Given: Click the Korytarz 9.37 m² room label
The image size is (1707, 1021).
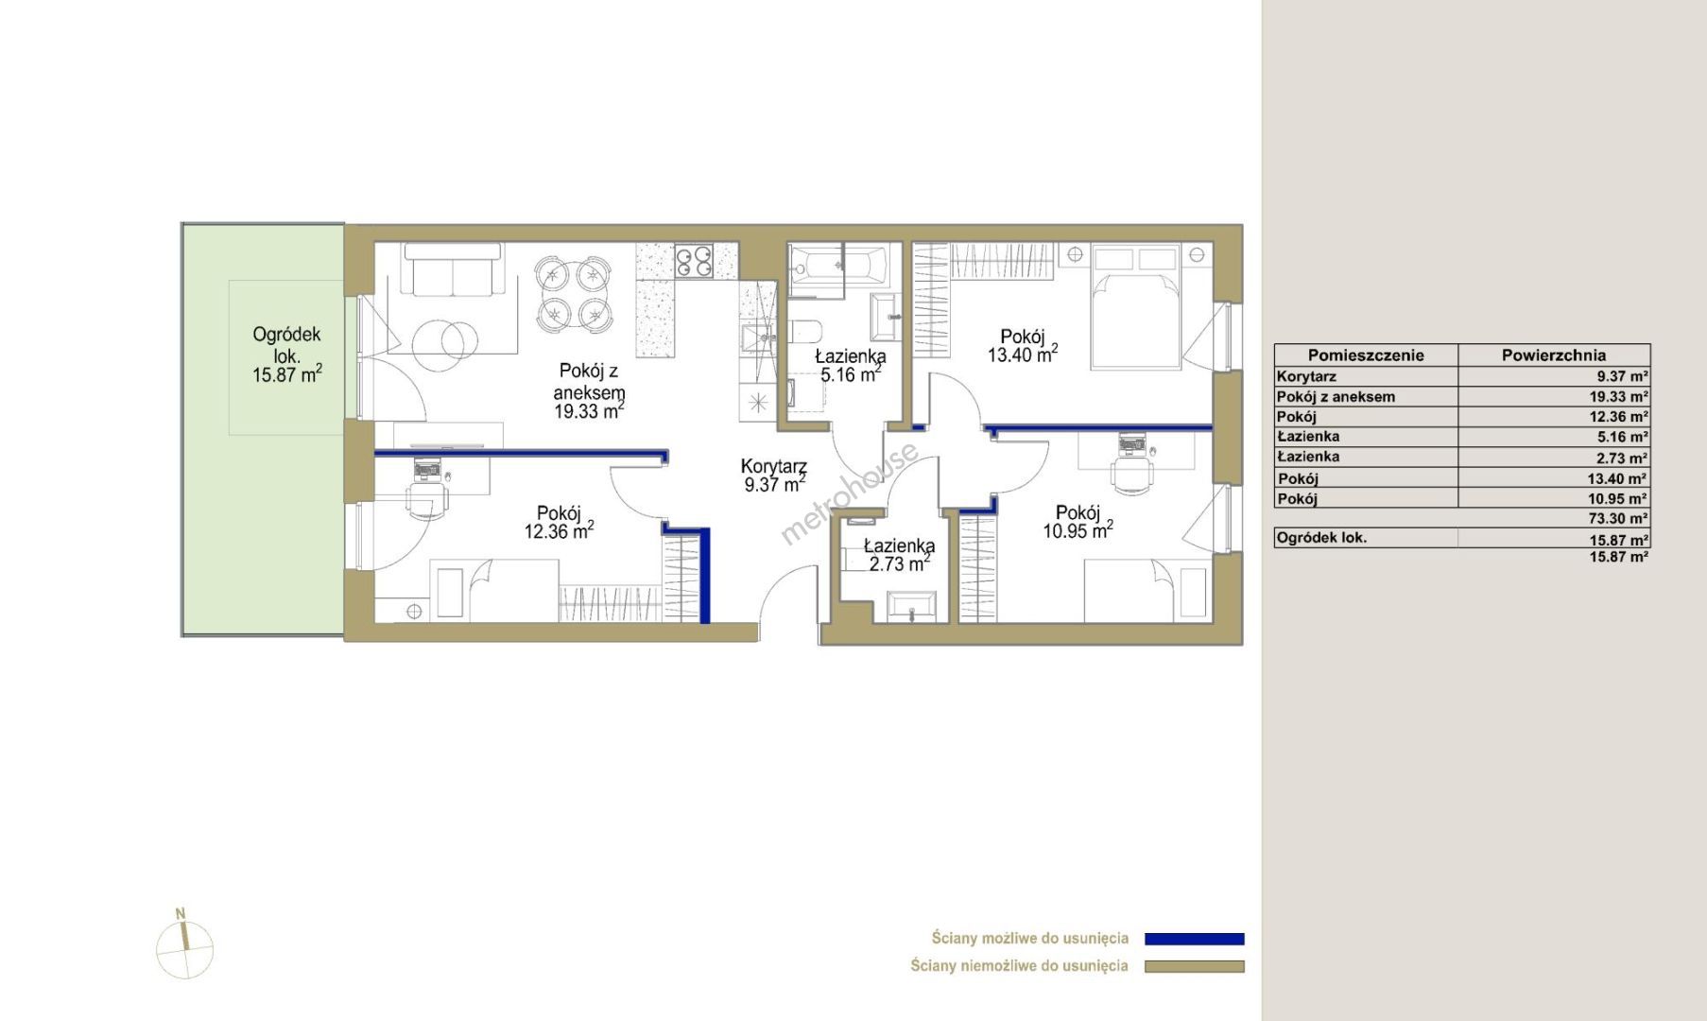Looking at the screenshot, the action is [774, 476].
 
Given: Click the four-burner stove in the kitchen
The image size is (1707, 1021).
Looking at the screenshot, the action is [694, 261].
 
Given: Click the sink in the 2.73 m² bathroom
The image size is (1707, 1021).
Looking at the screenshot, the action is [911, 606].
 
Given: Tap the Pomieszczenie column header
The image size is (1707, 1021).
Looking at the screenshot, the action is [1366, 355].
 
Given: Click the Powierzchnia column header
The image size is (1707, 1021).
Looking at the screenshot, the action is [1554, 355].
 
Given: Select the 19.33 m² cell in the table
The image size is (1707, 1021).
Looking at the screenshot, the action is [1619, 397].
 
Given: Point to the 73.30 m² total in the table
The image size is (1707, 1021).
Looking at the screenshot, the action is [1619, 518].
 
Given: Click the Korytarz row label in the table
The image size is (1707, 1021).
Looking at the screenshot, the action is [1306, 376].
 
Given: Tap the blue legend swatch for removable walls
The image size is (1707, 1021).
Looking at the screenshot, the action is [1195, 939].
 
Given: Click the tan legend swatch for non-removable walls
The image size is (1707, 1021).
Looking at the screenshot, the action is [1195, 966].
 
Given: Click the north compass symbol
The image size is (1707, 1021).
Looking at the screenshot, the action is [185, 946].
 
